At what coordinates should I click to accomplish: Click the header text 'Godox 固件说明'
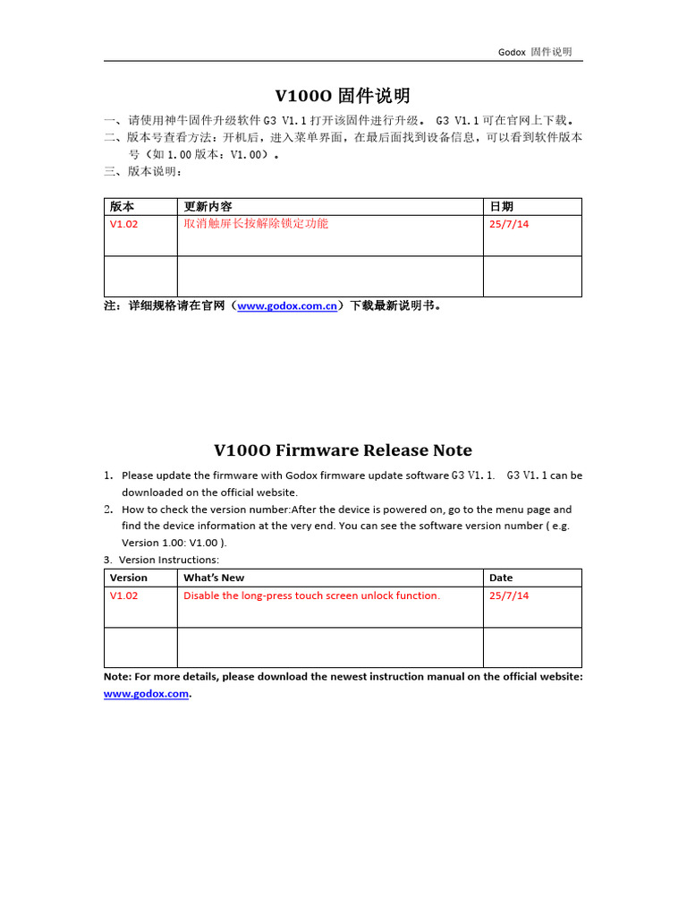click(535, 52)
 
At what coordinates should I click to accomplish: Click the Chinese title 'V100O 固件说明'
click(343, 96)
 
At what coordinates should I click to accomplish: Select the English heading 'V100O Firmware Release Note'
click(343, 450)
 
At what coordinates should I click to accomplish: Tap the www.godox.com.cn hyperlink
click(287, 305)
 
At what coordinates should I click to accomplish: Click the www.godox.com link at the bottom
click(147, 693)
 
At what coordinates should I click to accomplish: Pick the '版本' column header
click(123, 207)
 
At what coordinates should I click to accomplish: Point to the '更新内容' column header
click(208, 207)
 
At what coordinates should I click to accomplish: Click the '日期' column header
click(501, 207)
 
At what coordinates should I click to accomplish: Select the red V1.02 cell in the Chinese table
click(124, 224)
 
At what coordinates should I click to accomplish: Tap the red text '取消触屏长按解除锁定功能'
click(256, 224)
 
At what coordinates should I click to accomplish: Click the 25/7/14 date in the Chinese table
click(509, 224)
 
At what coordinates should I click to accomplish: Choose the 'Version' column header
click(129, 578)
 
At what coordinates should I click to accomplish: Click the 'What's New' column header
click(214, 578)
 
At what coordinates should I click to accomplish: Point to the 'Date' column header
click(501, 578)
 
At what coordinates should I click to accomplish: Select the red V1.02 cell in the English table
click(124, 596)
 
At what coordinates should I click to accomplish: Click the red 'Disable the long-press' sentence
click(311, 596)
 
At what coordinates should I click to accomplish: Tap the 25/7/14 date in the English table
click(509, 596)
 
